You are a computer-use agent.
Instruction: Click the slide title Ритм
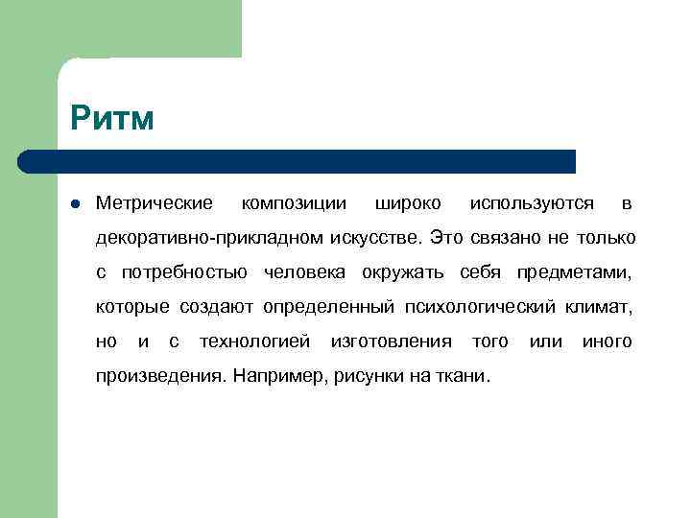coord(112,120)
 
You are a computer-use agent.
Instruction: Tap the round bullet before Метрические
coord(75,203)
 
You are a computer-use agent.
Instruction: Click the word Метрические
coord(155,203)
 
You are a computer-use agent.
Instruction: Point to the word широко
coord(408,203)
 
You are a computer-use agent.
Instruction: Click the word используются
coord(532,203)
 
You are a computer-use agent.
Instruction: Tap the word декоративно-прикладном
coord(210,237)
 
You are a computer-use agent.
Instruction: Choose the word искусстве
coord(376,237)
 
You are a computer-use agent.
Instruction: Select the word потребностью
coord(184,272)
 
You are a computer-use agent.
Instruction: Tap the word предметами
coord(574,272)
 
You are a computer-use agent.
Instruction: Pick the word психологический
coord(483,307)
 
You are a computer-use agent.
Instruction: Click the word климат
coord(601,307)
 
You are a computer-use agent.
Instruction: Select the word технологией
coord(254,341)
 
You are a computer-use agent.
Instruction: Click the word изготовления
coord(391,341)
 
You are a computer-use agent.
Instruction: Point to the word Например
coord(279,376)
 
